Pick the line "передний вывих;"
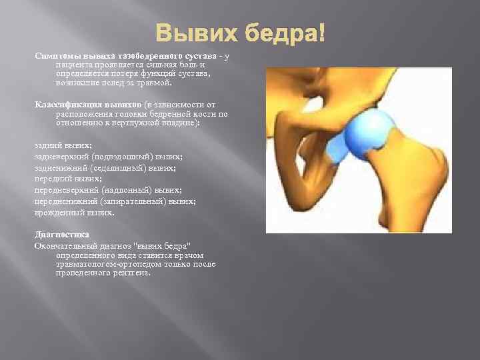click(67, 179)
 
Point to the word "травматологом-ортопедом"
click(97, 264)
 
